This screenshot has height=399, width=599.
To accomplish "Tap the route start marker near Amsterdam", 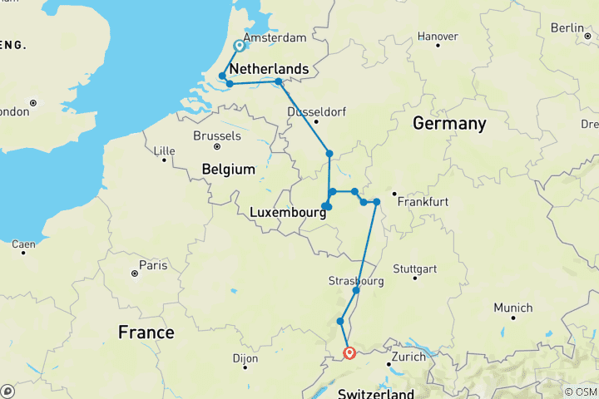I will click(x=240, y=47).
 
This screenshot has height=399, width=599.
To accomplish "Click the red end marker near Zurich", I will click(x=349, y=352).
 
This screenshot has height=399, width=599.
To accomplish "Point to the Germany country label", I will click(x=449, y=123).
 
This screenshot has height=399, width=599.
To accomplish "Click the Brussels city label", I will click(x=216, y=135).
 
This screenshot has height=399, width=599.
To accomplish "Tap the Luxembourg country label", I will click(x=286, y=214).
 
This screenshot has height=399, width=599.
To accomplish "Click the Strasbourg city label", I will click(x=356, y=281).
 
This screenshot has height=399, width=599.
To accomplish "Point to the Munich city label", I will click(x=512, y=308).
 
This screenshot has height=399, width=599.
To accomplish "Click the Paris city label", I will click(x=153, y=265).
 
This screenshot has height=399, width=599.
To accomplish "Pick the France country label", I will click(x=146, y=332).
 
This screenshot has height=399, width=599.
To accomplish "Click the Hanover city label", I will click(x=438, y=37).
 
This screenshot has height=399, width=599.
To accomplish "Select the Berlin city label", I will click(x=567, y=27).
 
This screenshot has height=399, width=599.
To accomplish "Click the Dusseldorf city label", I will click(x=315, y=112).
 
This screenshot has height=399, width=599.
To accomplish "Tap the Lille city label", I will click(x=166, y=150).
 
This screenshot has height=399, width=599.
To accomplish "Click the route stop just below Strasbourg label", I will click(x=356, y=291).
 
